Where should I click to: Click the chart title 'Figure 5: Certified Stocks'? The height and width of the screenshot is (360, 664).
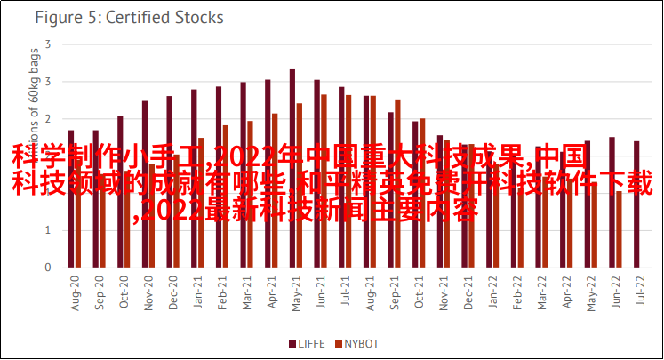pyautogui.click(x=130, y=17)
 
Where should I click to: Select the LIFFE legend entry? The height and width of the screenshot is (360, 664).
pyautogui.click(x=307, y=343)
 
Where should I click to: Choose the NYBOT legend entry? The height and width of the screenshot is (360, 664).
pyautogui.click(x=356, y=343)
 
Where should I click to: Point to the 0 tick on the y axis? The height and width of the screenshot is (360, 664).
pyautogui.click(x=48, y=268)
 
